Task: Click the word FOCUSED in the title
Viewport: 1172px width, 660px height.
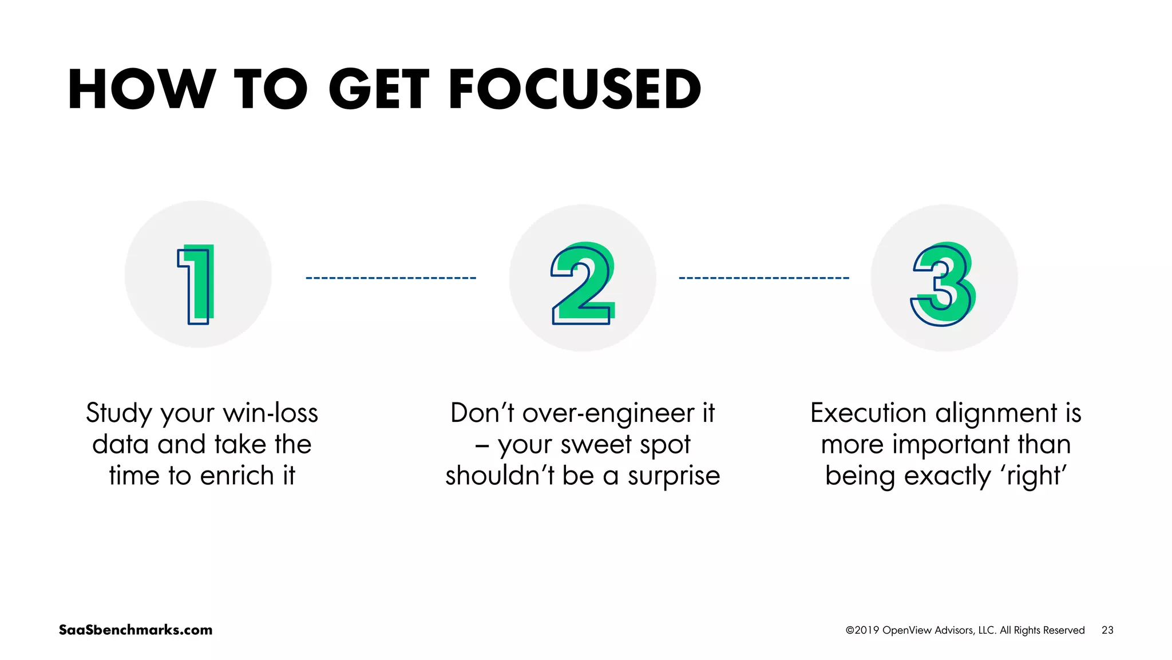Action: point(575,89)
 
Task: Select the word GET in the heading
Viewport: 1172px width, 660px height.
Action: point(378,89)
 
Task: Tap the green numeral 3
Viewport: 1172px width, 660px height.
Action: point(944,283)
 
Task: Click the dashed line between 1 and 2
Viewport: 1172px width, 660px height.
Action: point(391,278)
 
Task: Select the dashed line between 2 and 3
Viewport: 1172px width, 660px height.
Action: point(764,278)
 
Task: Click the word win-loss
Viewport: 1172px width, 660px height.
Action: point(270,413)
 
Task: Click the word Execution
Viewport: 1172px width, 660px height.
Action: point(868,413)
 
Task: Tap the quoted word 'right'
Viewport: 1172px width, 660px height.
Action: point(1034,476)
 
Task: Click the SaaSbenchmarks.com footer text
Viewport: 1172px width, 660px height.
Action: point(136,630)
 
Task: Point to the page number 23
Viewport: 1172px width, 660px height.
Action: point(1107,630)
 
